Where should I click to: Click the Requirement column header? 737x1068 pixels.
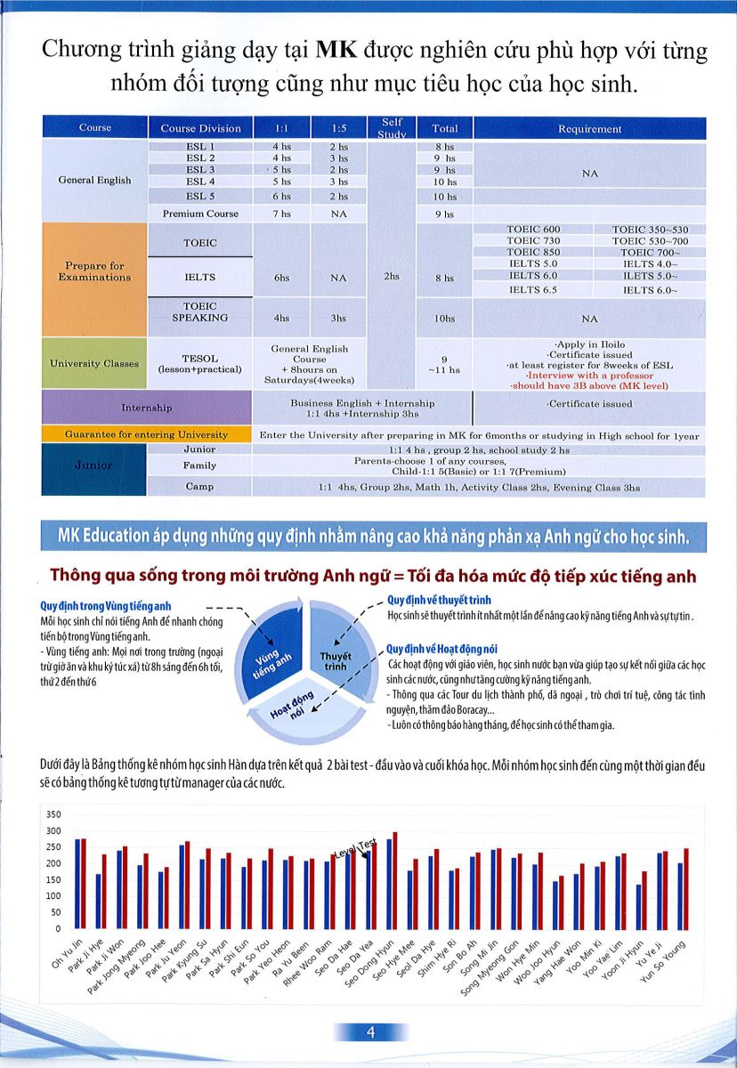[x=589, y=128]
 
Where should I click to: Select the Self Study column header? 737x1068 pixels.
[x=393, y=128]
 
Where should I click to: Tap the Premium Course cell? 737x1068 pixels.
[x=200, y=214]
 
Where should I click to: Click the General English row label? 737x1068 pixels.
[x=94, y=180]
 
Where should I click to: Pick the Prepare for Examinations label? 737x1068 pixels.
[x=94, y=271]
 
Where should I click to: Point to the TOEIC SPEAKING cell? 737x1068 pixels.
[x=200, y=311]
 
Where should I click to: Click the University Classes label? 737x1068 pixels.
[x=94, y=363]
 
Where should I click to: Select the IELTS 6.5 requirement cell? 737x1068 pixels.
[x=533, y=290]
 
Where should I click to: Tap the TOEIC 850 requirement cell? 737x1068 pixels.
[x=533, y=253]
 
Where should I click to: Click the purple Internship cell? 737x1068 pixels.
[x=147, y=408]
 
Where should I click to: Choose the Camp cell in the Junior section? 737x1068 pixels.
[x=200, y=487]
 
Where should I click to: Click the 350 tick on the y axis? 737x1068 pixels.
[x=53, y=815]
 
